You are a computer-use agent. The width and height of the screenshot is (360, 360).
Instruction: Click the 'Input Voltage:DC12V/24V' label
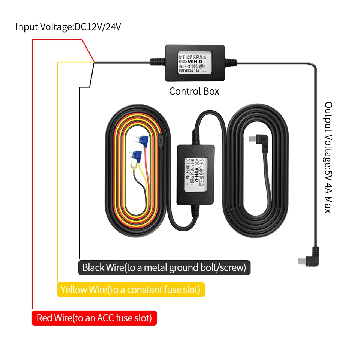click(68, 27)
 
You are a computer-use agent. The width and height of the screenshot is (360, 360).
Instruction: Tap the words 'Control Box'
click(194, 91)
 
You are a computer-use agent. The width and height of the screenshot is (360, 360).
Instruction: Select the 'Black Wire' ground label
click(164, 268)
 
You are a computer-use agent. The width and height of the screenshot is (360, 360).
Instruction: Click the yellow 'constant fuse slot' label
click(131, 289)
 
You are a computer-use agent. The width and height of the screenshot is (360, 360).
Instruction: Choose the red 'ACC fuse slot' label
click(94, 318)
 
